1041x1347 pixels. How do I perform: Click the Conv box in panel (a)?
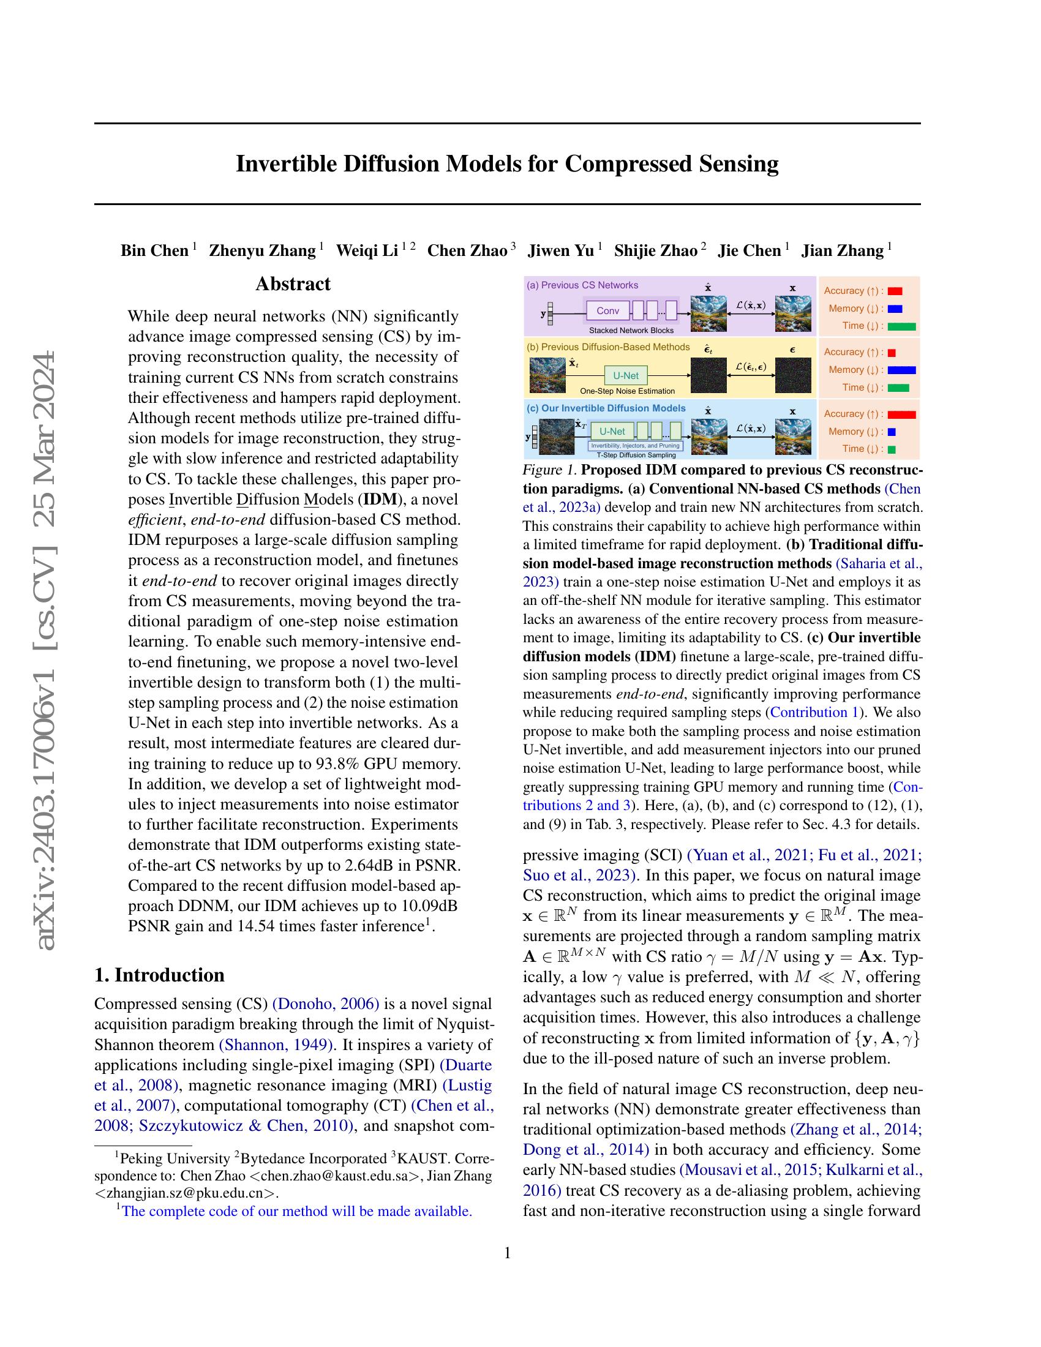point(607,310)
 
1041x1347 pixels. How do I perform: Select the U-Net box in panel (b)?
point(626,375)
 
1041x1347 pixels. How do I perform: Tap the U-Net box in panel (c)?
point(612,431)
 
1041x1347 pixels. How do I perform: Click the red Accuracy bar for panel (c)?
point(901,415)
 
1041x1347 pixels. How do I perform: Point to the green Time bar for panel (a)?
point(901,326)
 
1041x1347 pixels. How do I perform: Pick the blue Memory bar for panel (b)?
point(901,370)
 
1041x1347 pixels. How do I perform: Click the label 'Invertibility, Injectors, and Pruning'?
point(634,445)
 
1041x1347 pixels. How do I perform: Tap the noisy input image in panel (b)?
point(547,375)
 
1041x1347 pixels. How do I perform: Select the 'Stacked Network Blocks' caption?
point(631,331)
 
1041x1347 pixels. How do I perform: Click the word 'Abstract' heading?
point(293,283)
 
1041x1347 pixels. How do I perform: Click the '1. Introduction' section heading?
point(159,975)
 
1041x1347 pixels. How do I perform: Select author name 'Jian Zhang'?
point(842,251)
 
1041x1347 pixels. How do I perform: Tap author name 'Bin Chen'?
point(154,251)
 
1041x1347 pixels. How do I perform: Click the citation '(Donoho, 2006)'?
point(326,1004)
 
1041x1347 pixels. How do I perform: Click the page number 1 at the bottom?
point(507,1253)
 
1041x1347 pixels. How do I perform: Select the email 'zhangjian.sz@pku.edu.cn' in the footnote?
point(186,1193)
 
